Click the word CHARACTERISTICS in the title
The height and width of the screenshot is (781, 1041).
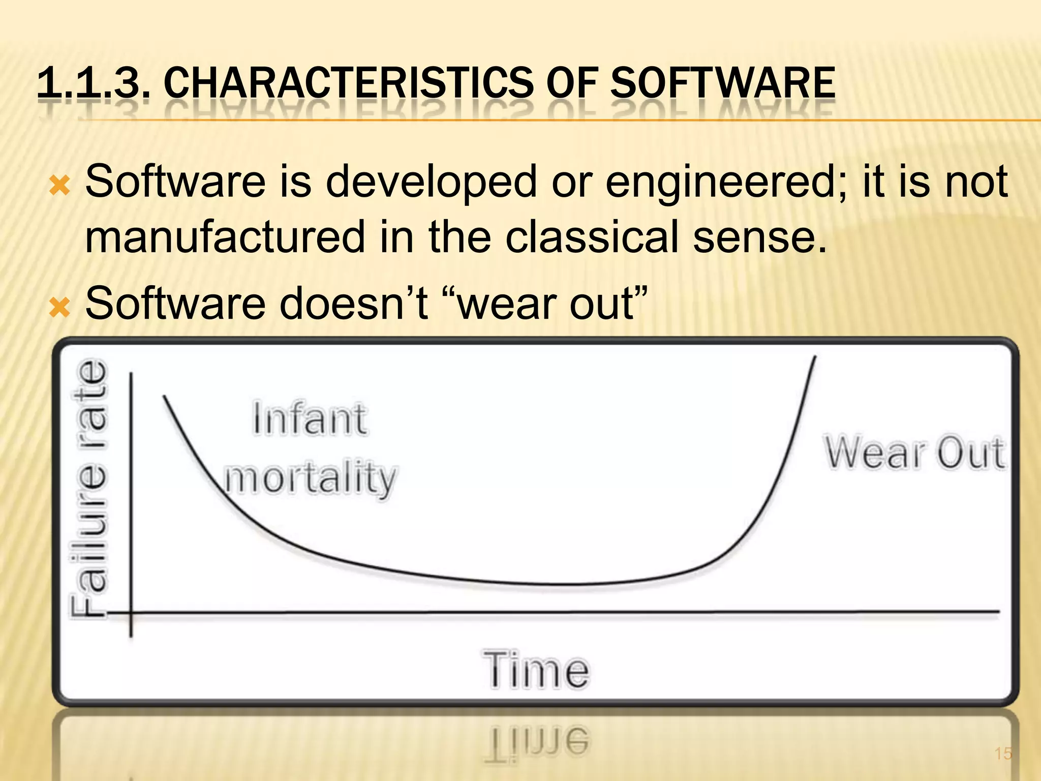[349, 83]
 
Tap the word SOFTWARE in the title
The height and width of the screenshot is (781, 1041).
[722, 83]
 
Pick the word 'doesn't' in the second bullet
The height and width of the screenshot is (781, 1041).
[353, 304]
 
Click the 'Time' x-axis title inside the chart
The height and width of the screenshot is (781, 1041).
[536, 670]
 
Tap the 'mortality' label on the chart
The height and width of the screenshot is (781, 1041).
[310, 478]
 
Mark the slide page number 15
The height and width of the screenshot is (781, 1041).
[1003, 753]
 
